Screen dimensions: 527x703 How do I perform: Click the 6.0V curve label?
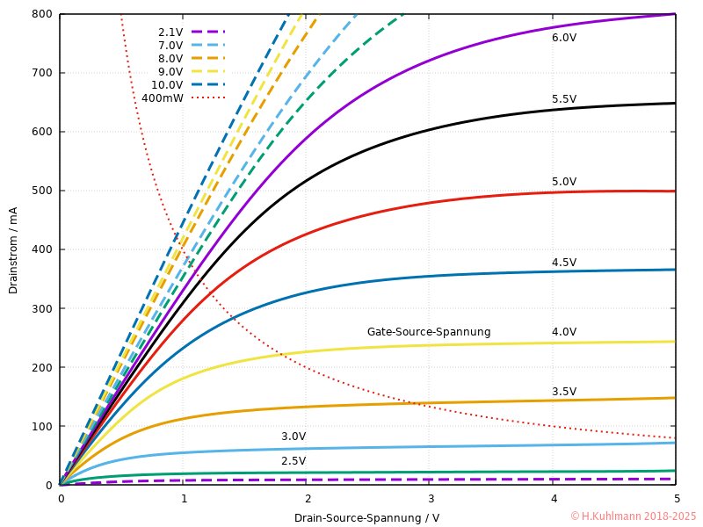(x=564, y=38)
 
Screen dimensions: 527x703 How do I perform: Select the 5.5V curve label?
(x=564, y=99)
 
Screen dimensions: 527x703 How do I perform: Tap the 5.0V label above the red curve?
(x=564, y=182)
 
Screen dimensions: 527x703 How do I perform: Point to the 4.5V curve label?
(x=564, y=263)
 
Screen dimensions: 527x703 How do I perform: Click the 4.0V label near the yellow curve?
(x=564, y=332)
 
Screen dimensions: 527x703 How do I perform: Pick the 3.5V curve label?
(x=564, y=392)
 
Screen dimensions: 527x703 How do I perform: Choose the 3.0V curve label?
(x=294, y=437)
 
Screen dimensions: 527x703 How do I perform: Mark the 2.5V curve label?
(x=294, y=461)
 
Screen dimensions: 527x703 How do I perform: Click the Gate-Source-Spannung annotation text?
(x=429, y=332)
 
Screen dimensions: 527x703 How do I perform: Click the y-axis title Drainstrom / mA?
(x=13, y=250)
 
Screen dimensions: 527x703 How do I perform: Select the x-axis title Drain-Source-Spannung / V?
(x=366, y=518)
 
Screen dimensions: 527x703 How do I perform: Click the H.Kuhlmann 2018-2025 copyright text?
(x=633, y=516)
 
